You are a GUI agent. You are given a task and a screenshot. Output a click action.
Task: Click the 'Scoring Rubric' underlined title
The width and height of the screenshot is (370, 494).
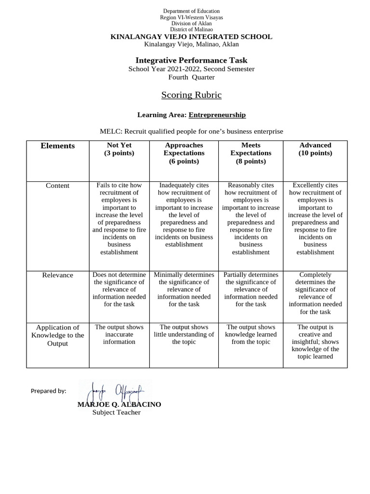[x=191, y=95]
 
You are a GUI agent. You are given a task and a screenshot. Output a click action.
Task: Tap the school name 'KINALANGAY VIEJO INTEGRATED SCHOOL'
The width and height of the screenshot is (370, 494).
[x=191, y=37]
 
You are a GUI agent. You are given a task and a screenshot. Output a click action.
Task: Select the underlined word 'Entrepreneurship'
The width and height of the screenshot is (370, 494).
[x=217, y=115]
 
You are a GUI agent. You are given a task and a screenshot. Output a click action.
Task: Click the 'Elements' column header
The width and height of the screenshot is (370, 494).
[x=58, y=146]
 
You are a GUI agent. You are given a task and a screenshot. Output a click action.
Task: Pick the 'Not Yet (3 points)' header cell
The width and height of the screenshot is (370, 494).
[x=119, y=149]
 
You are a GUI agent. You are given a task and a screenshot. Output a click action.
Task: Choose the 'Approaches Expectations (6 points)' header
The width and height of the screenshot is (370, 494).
[x=184, y=153]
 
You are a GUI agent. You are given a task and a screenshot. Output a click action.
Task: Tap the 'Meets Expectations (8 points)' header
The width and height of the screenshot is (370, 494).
[x=251, y=153]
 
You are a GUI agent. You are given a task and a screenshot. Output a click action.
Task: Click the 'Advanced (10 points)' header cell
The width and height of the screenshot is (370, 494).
[x=315, y=149]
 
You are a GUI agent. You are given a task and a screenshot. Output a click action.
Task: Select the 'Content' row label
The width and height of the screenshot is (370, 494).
[x=58, y=186]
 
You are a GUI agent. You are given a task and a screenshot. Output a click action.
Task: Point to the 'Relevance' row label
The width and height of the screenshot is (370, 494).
[x=58, y=275]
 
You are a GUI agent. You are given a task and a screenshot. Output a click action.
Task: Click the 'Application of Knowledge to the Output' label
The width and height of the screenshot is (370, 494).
[x=58, y=335]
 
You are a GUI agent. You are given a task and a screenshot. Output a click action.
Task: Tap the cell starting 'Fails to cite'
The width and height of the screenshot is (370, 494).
[x=119, y=219]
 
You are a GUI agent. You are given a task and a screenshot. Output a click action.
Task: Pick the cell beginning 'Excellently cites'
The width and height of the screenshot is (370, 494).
[x=315, y=219]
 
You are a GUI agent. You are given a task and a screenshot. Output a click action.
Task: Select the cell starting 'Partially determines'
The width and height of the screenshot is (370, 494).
[x=251, y=289]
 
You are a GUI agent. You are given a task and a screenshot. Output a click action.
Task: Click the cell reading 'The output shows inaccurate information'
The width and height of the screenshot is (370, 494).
[x=119, y=334]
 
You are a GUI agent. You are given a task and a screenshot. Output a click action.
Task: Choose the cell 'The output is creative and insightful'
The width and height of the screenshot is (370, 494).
[x=315, y=342]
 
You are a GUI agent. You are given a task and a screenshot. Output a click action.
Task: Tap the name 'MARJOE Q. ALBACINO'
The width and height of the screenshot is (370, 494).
[x=119, y=404]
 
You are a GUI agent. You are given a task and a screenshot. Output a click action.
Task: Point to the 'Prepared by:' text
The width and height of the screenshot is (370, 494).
[x=48, y=391]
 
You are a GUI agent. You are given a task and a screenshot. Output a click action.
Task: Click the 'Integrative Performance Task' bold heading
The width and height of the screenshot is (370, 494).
[x=191, y=60]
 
